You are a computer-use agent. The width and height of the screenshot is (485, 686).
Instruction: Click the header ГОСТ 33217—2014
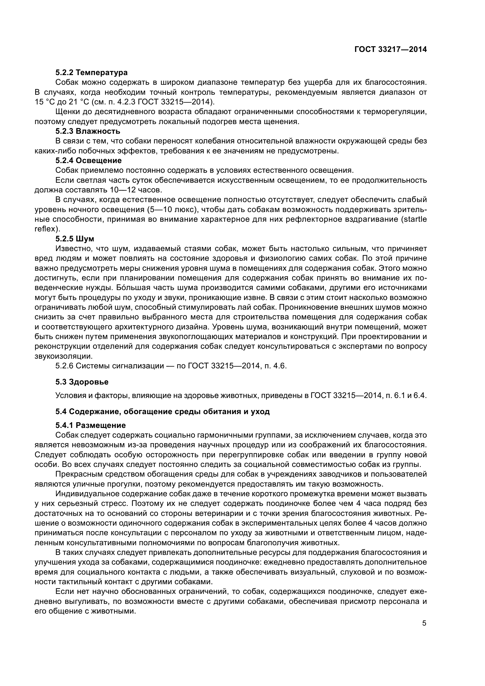390,49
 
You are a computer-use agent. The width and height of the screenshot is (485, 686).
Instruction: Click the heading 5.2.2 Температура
91,73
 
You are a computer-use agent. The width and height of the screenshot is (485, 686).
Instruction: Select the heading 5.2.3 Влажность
88,131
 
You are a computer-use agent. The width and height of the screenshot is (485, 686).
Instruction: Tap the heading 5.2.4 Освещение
88,161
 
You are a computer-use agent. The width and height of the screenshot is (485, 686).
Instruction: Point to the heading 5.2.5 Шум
75,239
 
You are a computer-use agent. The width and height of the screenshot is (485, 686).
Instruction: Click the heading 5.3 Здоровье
82,382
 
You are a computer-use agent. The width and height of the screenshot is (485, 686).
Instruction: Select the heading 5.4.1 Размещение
91,425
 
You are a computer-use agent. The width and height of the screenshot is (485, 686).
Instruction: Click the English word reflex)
47,229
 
